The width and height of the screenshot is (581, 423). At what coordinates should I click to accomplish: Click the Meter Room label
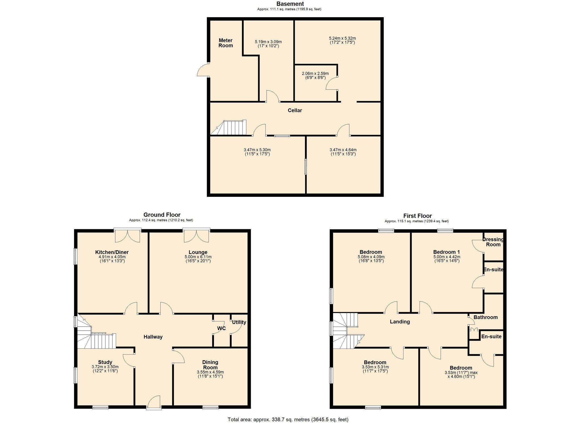tap(226, 43)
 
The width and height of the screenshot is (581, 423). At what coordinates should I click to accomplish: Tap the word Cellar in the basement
tap(295, 110)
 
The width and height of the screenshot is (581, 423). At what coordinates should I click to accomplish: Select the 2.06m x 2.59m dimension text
tap(315, 74)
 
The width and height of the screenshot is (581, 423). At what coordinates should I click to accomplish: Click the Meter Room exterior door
tap(203, 70)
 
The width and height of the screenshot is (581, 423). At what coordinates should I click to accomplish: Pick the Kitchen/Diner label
tap(112, 252)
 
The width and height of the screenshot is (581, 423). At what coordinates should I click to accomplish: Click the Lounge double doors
tap(196, 236)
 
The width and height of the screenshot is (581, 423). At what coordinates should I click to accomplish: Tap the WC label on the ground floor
tap(221, 328)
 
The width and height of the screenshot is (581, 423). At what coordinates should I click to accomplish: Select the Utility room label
tap(239, 322)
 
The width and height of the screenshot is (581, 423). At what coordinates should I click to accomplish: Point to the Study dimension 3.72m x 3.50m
tap(105, 367)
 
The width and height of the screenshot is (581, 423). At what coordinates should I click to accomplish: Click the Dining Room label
tap(210, 364)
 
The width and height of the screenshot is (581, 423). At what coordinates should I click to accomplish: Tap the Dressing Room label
tap(493, 242)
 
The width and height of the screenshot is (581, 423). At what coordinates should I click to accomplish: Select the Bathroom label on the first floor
tap(485, 317)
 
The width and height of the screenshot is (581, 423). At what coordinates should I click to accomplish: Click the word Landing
tap(400, 322)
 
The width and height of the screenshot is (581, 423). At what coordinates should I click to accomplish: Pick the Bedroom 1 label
tap(446, 252)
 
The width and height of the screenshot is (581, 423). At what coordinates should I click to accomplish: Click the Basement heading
tap(290, 4)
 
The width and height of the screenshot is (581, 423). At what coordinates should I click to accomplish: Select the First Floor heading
tap(417, 216)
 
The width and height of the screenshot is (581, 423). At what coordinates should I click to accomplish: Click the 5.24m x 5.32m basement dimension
tap(342, 38)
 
